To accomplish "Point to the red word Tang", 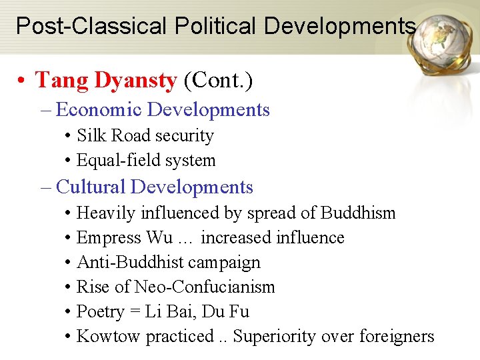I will click(62, 81).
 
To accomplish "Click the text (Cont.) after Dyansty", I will click(218, 81).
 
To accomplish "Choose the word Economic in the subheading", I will click(99, 110).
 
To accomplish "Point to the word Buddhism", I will click(358, 213).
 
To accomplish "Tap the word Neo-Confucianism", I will click(205, 287).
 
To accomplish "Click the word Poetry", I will click(101, 312).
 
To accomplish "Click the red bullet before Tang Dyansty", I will click(23, 81).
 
